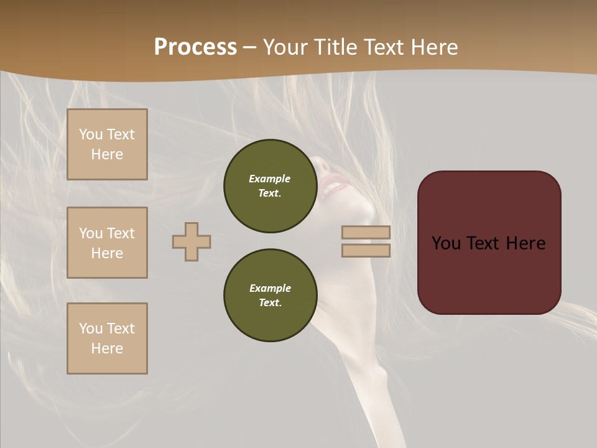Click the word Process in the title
click(x=195, y=47)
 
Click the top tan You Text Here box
click(x=107, y=144)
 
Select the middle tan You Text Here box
click(x=107, y=243)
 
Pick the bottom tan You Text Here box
click(x=107, y=338)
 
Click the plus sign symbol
click(x=192, y=241)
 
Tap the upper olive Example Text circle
click(x=270, y=186)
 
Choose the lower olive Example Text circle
click(x=270, y=296)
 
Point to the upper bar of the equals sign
click(x=366, y=232)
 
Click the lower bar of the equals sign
click(x=366, y=250)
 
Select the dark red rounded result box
click(x=489, y=274)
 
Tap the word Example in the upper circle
click(x=270, y=179)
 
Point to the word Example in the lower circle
click(x=270, y=288)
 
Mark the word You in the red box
click(x=446, y=243)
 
